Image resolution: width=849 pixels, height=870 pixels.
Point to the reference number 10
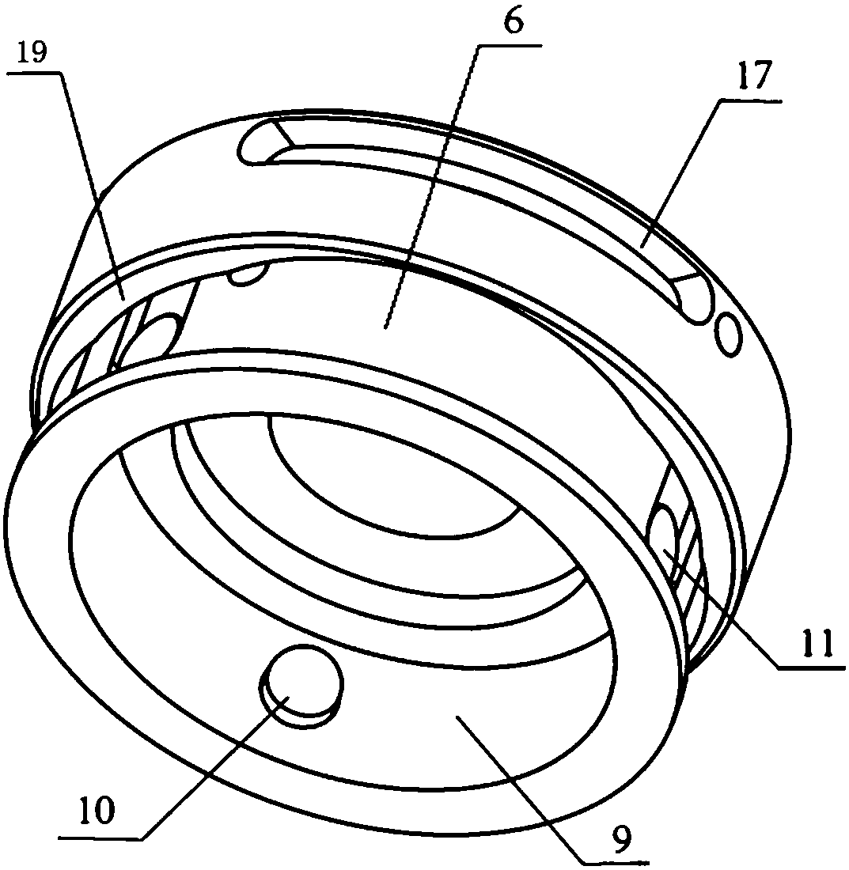98,810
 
